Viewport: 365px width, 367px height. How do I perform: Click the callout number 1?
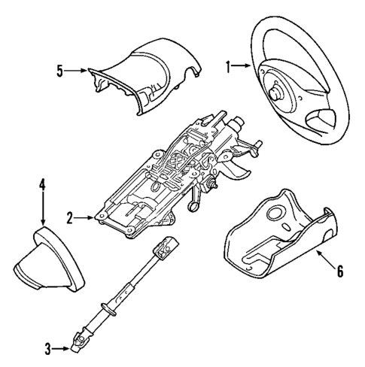(x=228, y=67)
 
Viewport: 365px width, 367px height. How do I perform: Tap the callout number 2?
(x=69, y=218)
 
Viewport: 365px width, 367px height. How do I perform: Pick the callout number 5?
(x=59, y=71)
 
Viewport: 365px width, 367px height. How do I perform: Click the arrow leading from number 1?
(x=242, y=67)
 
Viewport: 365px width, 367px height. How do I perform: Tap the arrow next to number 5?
(x=77, y=71)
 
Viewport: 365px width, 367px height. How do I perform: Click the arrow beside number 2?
(x=85, y=218)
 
